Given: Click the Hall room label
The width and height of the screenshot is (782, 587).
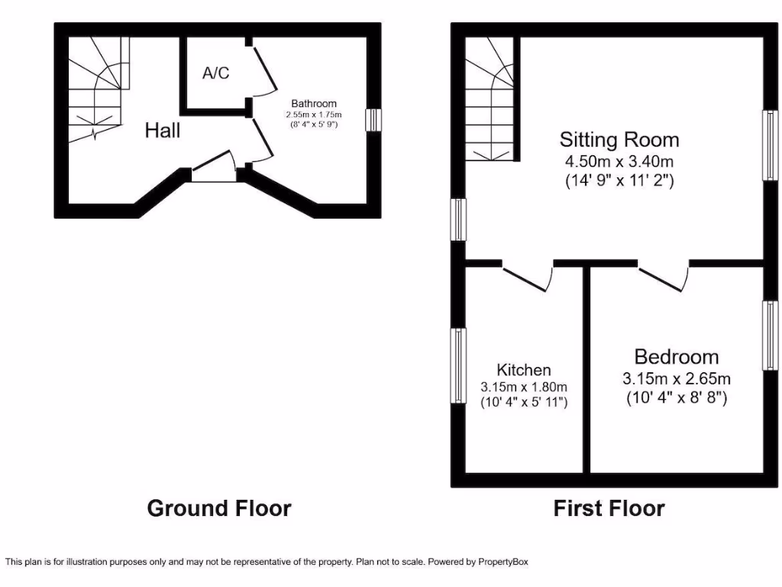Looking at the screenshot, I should (163, 131).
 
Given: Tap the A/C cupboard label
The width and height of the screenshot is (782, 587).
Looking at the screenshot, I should (215, 73).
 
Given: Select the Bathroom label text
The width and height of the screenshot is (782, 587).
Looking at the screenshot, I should (313, 104).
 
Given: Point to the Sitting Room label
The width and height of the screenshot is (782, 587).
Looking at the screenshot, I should (619, 140).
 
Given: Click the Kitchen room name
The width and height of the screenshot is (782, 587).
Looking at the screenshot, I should (523, 369).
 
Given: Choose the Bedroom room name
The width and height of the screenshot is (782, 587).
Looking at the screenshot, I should (676, 357).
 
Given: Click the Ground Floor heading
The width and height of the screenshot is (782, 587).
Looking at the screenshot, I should (218, 508).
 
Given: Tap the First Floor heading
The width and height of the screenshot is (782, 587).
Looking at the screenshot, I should (609, 508).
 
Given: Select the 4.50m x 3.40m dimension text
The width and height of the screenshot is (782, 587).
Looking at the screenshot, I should (619, 161).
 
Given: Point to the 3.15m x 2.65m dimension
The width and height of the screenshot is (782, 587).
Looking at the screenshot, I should (676, 378).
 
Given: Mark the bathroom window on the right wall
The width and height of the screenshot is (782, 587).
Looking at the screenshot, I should (373, 121).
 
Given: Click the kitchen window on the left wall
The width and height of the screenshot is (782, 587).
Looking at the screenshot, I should (458, 365).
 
